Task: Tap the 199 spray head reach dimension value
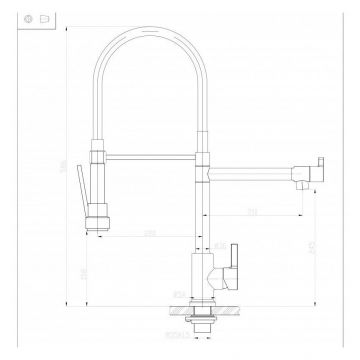coord(150,233)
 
